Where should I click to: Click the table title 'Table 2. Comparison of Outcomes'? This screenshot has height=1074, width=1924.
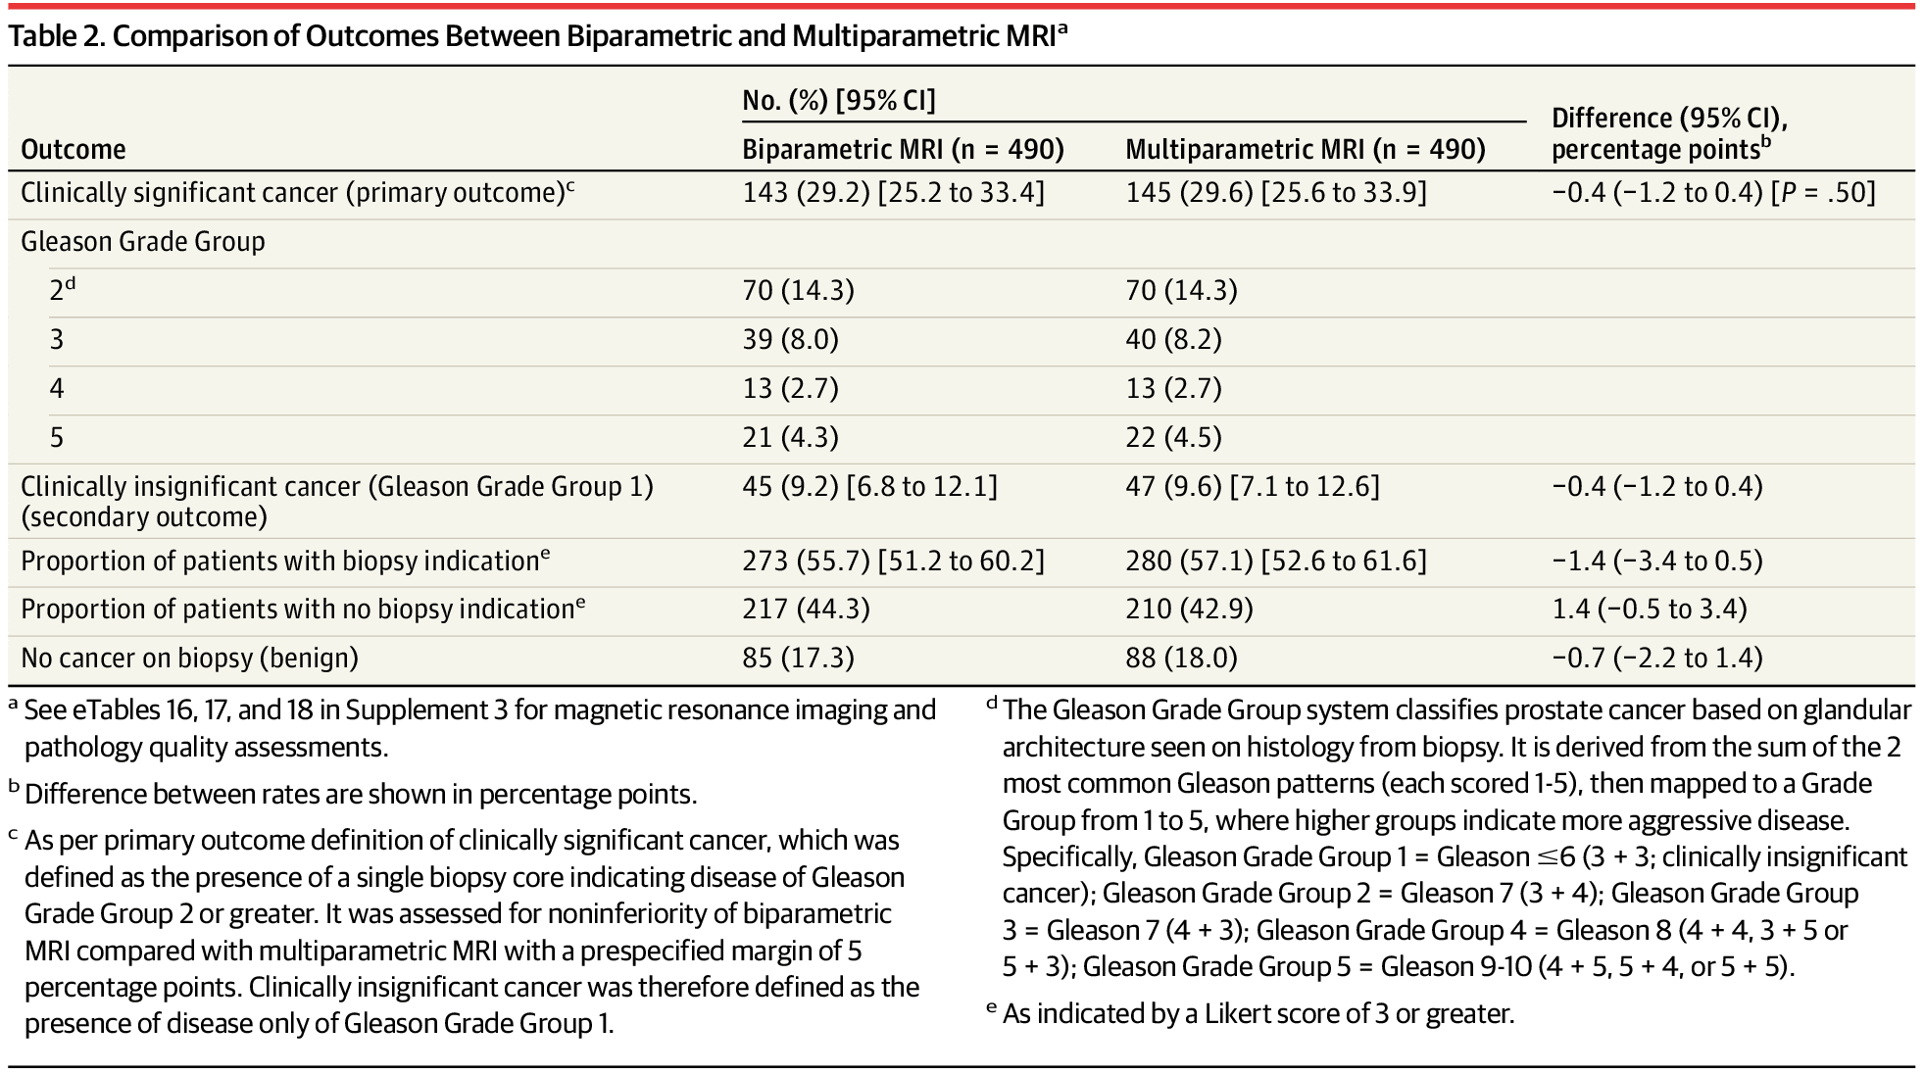[537, 36]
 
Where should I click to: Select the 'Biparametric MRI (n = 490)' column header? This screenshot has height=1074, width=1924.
[903, 149]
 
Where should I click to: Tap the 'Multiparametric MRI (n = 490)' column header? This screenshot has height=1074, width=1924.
[1305, 149]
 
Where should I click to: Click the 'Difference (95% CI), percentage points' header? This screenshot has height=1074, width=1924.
[1669, 133]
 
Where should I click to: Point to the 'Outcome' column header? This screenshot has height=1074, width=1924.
[74, 149]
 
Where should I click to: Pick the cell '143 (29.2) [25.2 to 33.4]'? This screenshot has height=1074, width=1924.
[893, 192]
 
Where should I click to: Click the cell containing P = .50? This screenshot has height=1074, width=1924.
[1713, 192]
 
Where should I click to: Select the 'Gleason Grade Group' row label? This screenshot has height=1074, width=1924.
[143, 241]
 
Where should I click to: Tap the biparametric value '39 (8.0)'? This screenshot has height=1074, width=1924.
[790, 339]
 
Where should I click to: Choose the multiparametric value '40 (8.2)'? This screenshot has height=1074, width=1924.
[1173, 339]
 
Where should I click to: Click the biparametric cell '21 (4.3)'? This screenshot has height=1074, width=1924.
[790, 437]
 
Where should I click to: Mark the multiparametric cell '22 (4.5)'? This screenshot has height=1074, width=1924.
[1173, 437]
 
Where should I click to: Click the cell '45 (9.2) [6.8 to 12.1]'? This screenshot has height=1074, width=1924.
[869, 486]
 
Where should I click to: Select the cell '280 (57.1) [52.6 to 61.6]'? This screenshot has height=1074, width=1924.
[1276, 561]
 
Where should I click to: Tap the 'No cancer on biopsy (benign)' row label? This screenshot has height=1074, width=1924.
[189, 658]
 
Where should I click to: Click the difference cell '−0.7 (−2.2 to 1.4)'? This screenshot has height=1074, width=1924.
[1657, 658]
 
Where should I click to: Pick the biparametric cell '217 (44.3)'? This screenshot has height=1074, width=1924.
[806, 609]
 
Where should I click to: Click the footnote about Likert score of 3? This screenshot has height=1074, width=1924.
[1258, 1013]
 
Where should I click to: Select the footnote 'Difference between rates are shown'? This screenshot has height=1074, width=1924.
[361, 794]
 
